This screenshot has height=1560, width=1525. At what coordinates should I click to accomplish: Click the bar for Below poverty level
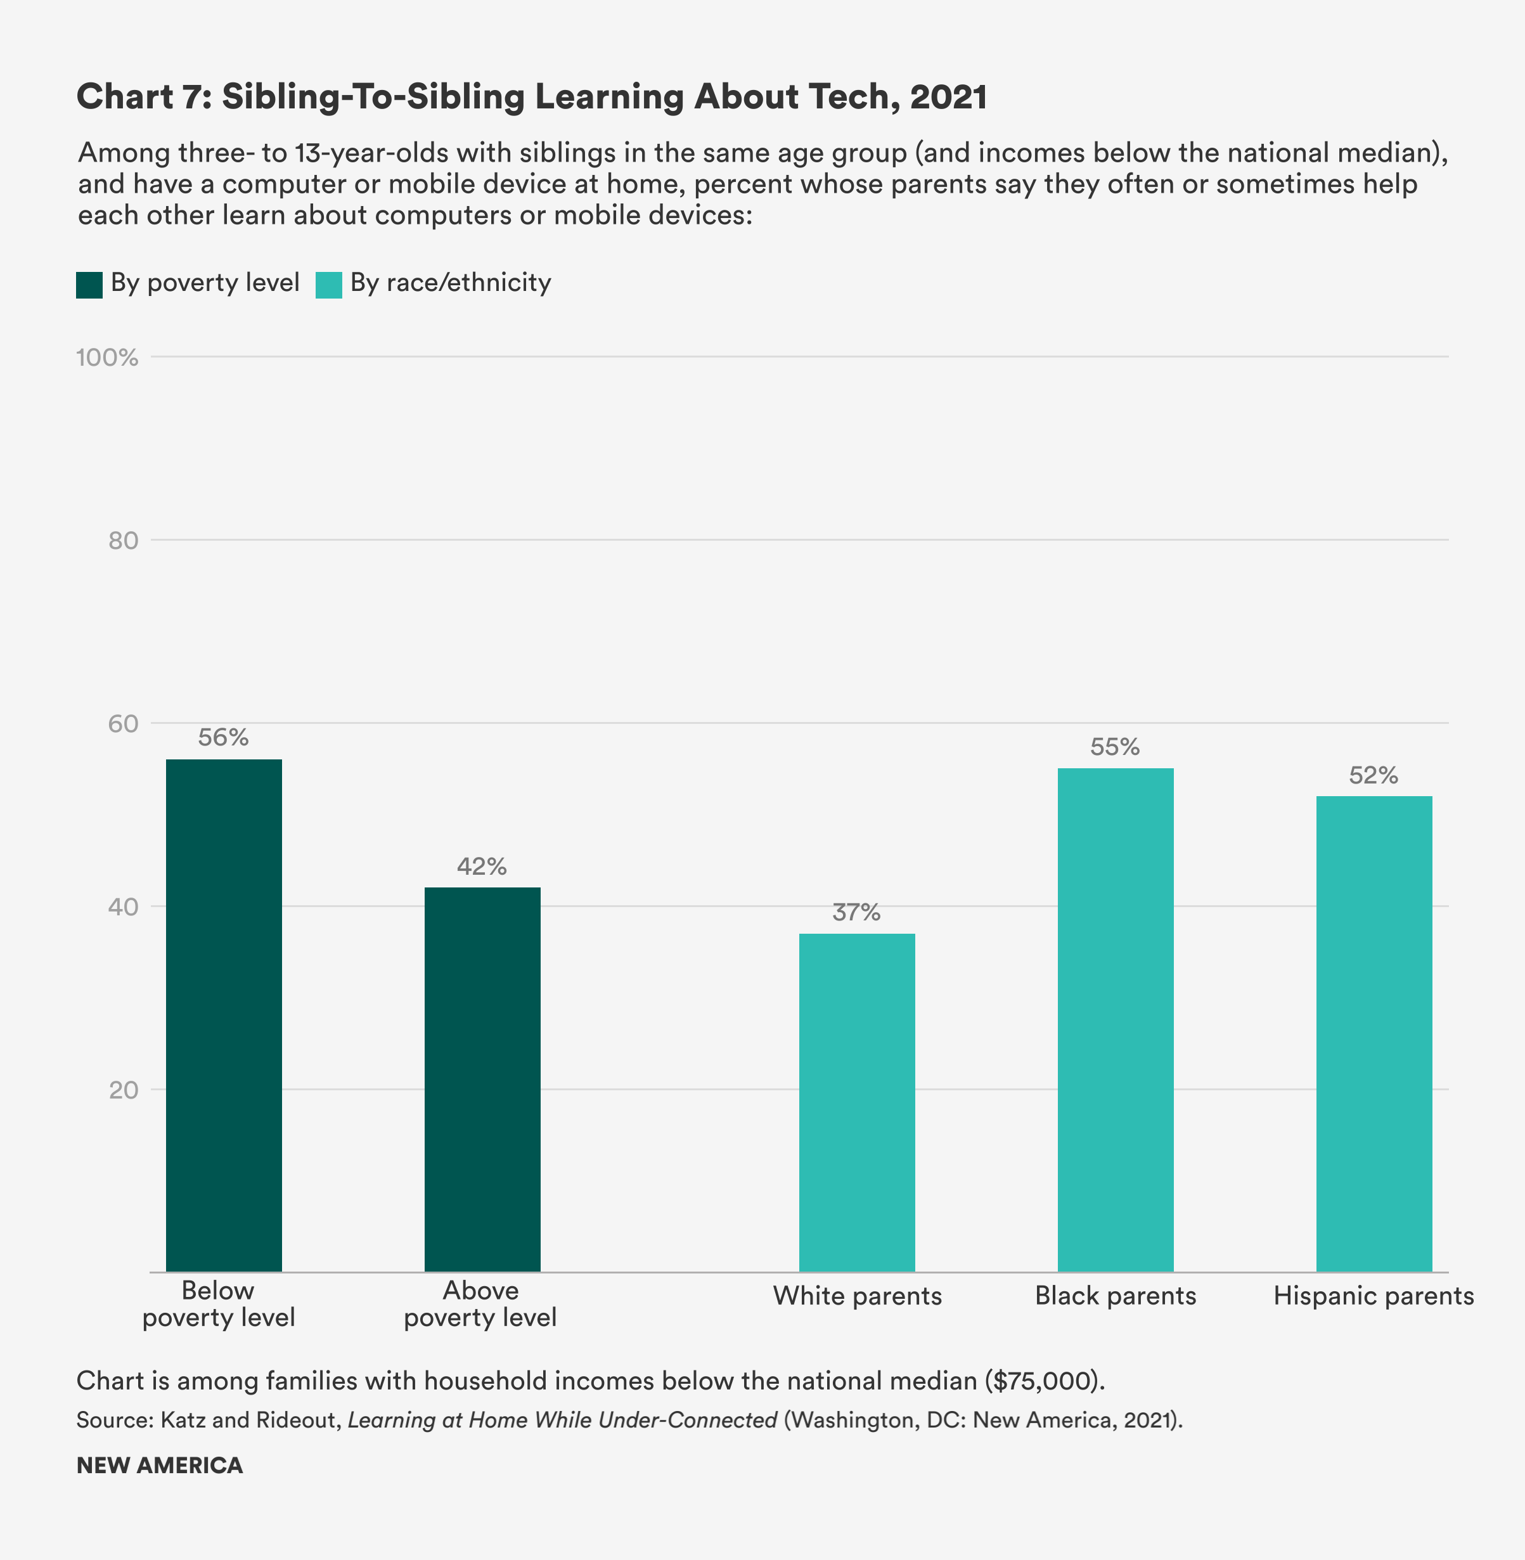[224, 1015]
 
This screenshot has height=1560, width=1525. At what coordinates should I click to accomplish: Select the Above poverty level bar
[482, 1079]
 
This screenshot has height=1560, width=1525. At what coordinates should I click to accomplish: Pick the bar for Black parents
[1115, 1019]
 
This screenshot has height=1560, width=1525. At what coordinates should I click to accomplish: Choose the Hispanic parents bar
[1374, 1033]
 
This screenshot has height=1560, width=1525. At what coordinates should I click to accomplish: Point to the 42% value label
[482, 867]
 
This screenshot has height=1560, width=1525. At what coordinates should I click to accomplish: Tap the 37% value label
[856, 912]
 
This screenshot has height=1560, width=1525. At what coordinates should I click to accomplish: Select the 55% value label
[1115, 747]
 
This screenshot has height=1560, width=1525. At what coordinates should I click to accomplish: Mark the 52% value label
[1374, 775]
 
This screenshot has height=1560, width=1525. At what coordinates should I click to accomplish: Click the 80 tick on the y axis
[124, 541]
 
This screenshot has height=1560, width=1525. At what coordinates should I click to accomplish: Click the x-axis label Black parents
[1115, 1296]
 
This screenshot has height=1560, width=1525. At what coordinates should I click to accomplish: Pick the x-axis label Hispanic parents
[1374, 1296]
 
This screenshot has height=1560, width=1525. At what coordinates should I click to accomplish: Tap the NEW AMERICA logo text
[159, 1466]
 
